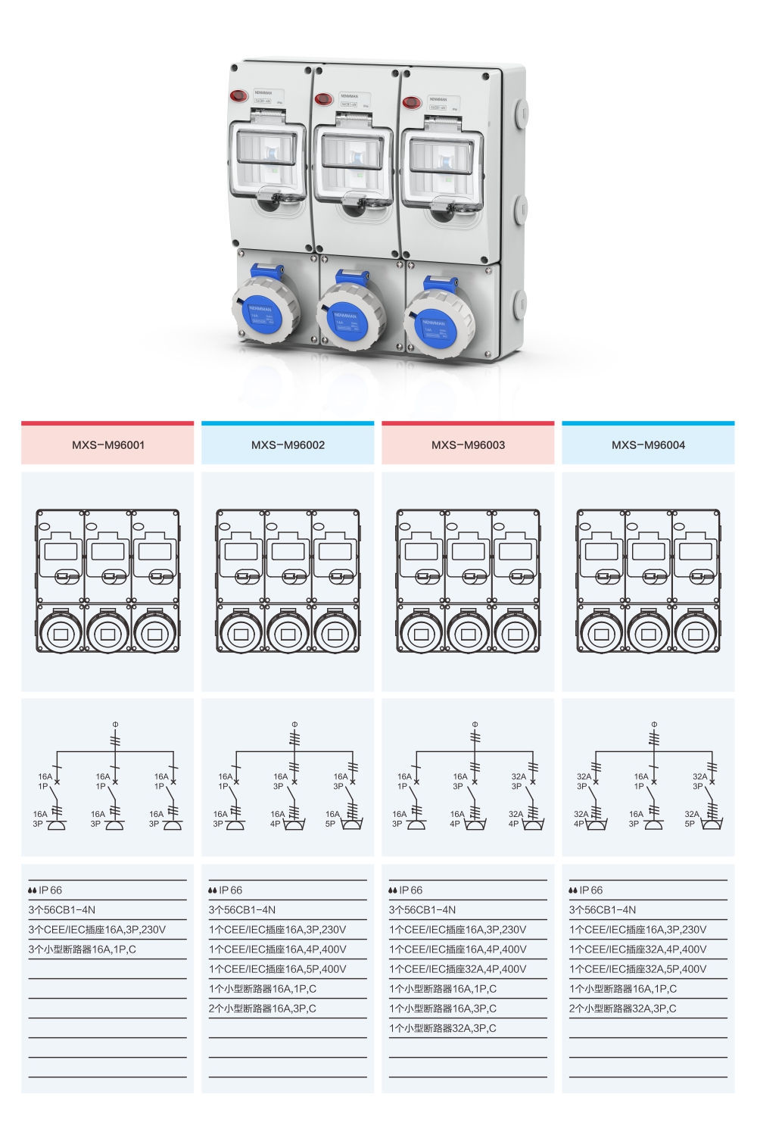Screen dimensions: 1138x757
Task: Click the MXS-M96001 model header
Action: click(107, 445)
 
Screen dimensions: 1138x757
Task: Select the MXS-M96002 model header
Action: click(288, 445)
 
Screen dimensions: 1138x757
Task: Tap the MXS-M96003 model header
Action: click(468, 445)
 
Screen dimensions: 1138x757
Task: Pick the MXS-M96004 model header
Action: click(648, 445)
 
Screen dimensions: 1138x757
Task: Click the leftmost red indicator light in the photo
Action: click(238, 96)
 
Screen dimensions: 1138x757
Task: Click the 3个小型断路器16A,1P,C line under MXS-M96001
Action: click(83, 949)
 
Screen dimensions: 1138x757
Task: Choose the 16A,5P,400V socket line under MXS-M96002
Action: click(278, 969)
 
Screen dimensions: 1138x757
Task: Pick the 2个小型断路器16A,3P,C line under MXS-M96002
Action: click(263, 1009)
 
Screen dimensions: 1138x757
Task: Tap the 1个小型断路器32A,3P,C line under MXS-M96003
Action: click(443, 1028)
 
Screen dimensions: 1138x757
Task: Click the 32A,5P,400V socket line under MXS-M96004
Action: click(638, 969)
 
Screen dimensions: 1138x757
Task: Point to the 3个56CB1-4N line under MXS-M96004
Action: click(603, 910)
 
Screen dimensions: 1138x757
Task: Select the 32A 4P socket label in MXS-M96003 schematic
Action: click(515, 818)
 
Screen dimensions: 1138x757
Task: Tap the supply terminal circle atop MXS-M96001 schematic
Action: click(115, 725)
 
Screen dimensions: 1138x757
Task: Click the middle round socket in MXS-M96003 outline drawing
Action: click(469, 634)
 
